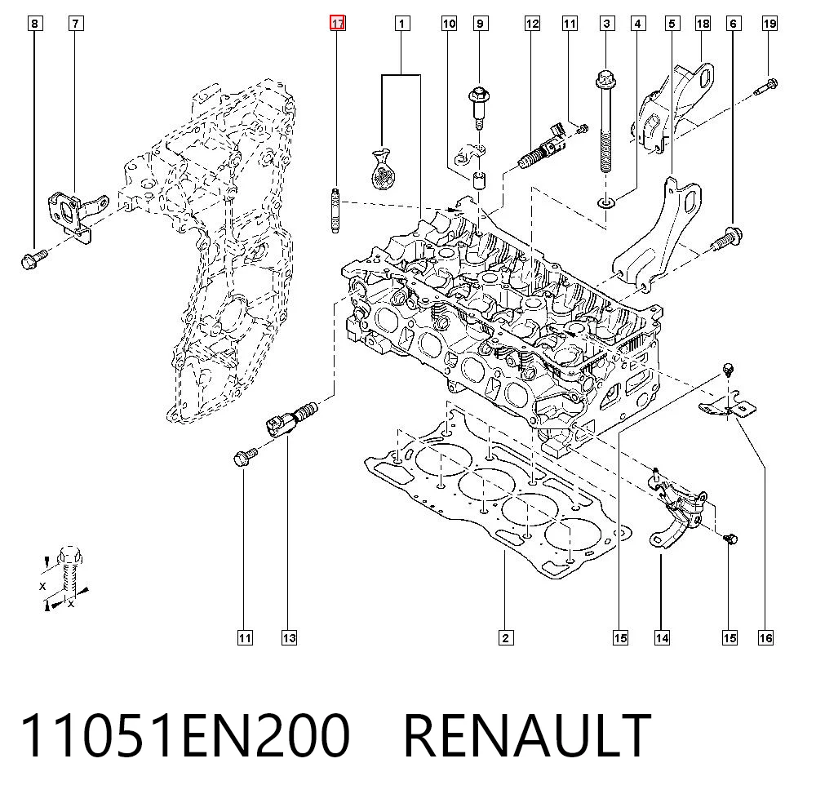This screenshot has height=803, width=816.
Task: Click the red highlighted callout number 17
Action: [337, 24]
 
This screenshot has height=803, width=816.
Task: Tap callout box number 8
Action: [34, 24]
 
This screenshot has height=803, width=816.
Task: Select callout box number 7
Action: [76, 24]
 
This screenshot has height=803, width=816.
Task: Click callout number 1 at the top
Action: [401, 24]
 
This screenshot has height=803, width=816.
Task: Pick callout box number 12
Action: [532, 24]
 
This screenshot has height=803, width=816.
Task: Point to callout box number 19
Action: [769, 24]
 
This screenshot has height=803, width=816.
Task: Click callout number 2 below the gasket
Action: [505, 637]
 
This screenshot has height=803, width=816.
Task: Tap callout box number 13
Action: [290, 637]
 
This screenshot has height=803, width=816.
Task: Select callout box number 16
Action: [765, 637]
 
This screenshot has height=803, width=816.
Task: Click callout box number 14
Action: [662, 637]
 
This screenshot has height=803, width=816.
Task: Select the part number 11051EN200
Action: [184, 735]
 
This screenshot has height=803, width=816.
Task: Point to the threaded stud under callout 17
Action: [335, 211]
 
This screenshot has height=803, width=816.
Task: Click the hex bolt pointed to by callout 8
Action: [33, 259]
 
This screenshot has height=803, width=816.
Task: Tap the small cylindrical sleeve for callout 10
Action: [479, 179]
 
